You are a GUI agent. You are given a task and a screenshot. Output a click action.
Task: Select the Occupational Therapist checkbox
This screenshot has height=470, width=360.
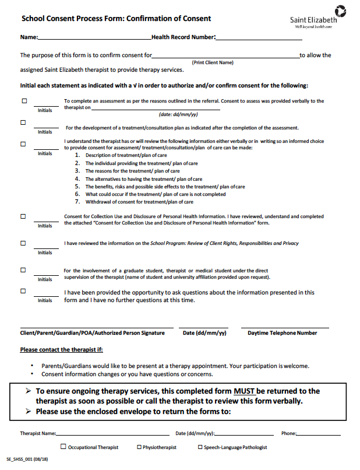tap(63, 447)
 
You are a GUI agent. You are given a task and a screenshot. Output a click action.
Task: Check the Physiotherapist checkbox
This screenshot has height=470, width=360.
tap(139, 447)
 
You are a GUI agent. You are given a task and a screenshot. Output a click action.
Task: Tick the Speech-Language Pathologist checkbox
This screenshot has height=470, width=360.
tap(200, 447)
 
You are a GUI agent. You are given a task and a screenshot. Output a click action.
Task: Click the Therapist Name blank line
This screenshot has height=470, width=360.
tap(113, 434)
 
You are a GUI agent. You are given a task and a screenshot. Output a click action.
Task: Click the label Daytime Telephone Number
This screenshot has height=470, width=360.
tap(283, 333)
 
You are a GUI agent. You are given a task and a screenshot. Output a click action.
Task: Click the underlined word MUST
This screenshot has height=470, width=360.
tap(244, 391)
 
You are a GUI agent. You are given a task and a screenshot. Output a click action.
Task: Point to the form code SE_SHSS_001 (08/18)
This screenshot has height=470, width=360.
tap(27, 461)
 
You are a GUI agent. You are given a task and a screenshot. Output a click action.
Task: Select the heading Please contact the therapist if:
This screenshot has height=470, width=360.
tap(61, 350)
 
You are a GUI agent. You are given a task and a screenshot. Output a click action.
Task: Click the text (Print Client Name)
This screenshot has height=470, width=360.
tap(213, 62)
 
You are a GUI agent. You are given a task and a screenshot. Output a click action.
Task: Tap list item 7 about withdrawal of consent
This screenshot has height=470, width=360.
tap(139, 202)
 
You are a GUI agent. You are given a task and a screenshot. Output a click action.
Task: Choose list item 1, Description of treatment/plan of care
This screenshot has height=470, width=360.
tap(126, 156)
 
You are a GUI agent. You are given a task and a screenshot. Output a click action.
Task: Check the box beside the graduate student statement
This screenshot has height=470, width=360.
tap(23, 270)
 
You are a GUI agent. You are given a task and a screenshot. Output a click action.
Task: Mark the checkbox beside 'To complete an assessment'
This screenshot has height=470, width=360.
tap(24, 101)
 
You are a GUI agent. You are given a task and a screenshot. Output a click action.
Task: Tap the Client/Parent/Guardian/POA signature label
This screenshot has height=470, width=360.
tap(93, 333)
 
